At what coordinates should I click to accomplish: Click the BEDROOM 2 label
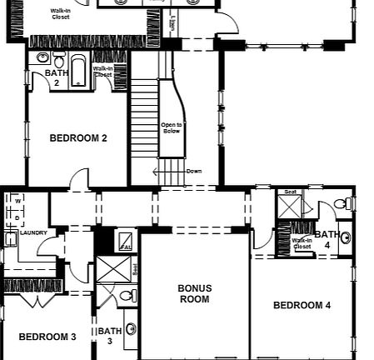78,138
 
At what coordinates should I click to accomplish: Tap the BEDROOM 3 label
47,337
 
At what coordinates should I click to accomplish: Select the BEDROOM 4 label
302,306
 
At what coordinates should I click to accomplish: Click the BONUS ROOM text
194,293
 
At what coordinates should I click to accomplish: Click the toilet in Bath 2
58,61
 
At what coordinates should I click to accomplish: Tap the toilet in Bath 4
342,204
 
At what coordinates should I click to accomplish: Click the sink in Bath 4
345,237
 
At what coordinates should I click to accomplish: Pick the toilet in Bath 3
126,296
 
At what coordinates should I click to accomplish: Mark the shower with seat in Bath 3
111,270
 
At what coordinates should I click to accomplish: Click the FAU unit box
126,242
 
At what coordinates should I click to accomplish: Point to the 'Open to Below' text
171,127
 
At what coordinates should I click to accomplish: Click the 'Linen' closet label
172,23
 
